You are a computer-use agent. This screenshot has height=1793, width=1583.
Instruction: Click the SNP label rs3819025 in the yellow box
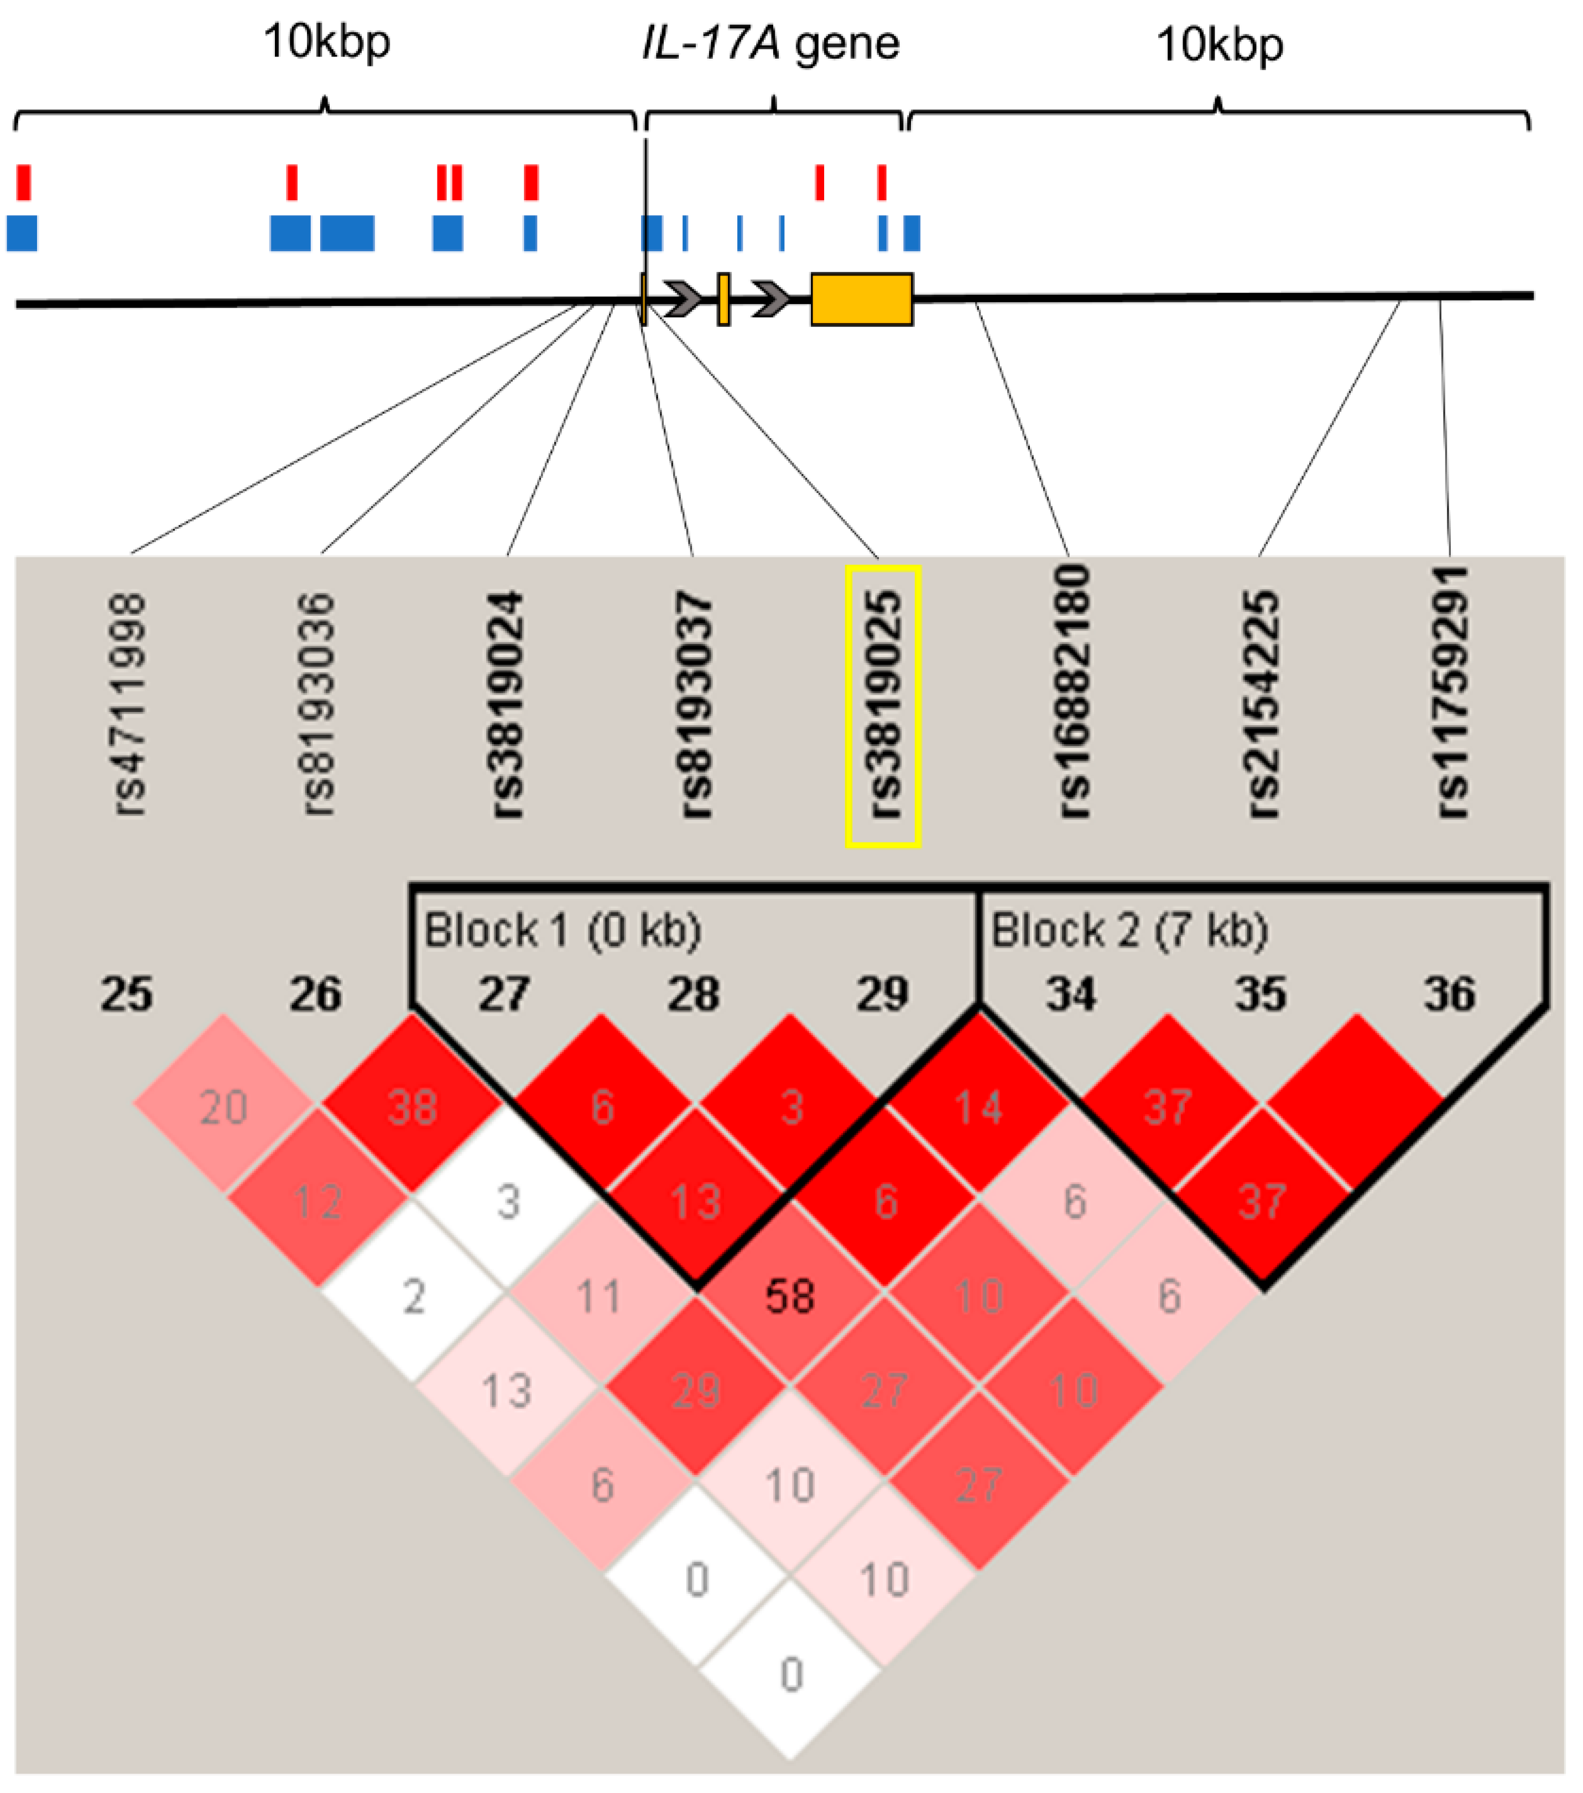point(882,705)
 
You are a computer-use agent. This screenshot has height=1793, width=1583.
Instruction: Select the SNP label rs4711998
point(130,705)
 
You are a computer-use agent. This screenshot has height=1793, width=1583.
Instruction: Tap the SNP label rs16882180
point(1072,693)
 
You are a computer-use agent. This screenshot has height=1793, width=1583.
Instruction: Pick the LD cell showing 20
point(223,1107)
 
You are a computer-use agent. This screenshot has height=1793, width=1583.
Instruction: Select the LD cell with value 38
point(412,1107)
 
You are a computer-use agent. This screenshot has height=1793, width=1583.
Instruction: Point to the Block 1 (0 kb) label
point(562,930)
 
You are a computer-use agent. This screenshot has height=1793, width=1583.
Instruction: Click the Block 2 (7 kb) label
point(1129,930)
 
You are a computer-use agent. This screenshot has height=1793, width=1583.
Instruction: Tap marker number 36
point(1449,994)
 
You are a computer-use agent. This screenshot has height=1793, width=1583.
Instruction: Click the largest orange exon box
point(861,299)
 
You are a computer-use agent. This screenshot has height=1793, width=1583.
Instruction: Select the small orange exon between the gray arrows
point(723,299)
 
